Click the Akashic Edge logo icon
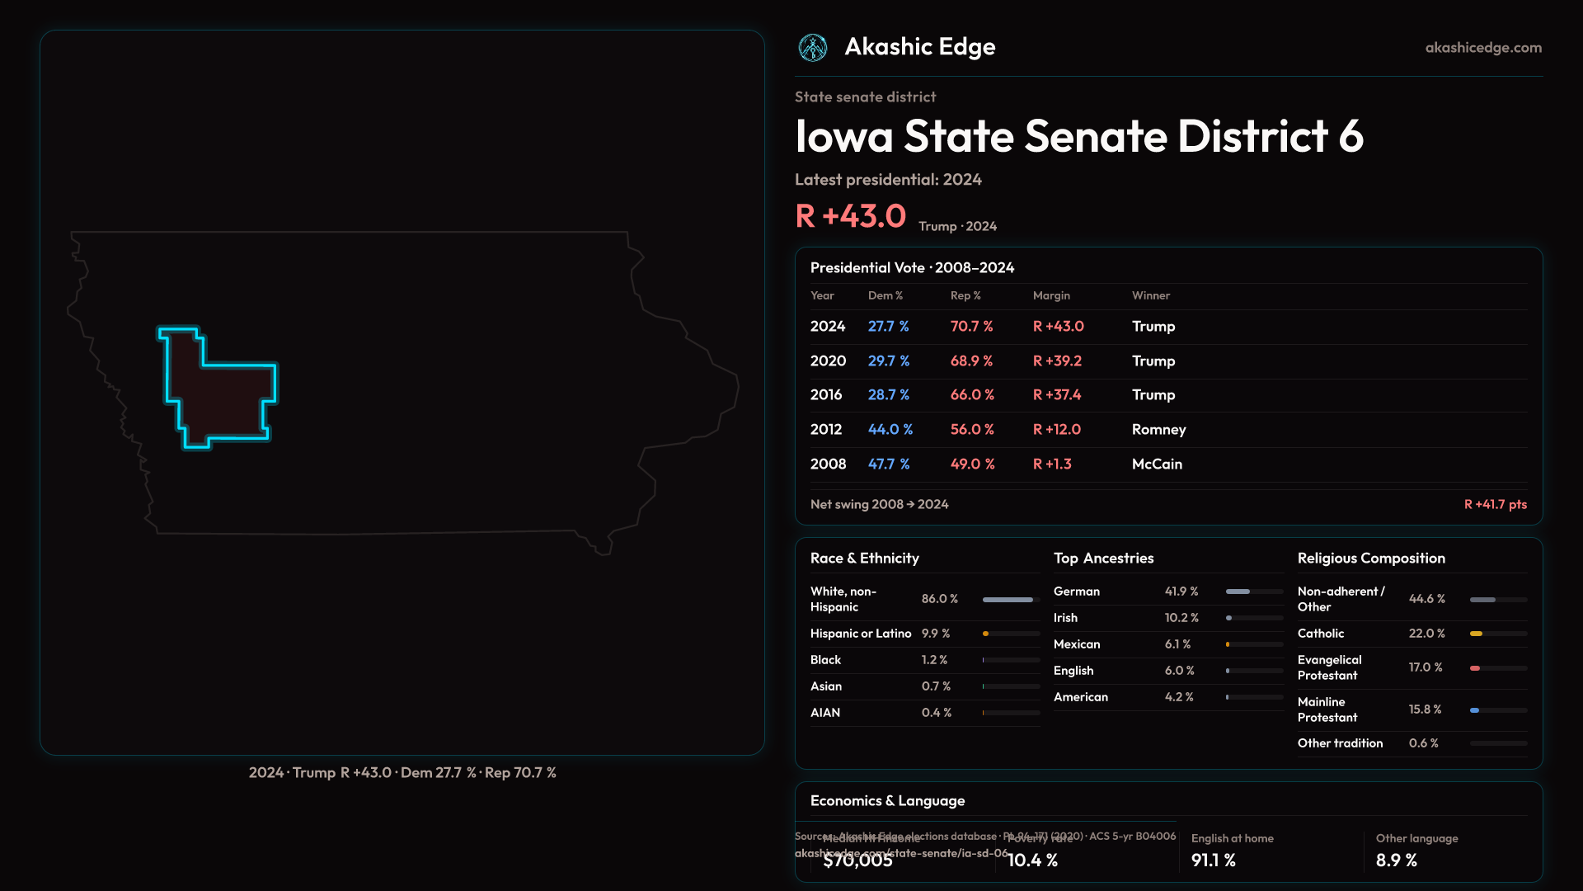coord(813,48)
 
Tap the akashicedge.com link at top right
coord(1483,48)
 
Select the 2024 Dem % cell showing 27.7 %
coord(888,327)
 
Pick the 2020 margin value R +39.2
coord(1057,361)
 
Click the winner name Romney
coord(1158,430)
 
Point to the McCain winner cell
coord(1157,464)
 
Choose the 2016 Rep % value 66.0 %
coord(972,395)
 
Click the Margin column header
coord(1051,295)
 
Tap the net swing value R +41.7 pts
coord(1495,504)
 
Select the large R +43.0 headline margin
coord(850,216)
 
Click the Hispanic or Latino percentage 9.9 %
coord(936,634)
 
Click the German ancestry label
coord(1076,592)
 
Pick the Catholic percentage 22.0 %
coord(1426,634)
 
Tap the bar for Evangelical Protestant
coord(1498,668)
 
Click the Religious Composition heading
coord(1371,559)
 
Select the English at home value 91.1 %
coord(1213,860)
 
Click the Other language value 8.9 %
coord(1396,860)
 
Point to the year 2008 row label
coord(828,464)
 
